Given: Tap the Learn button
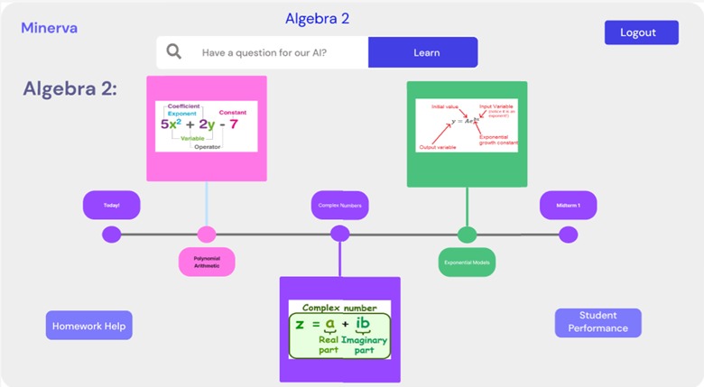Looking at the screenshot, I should (422, 52).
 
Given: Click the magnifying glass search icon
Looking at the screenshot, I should (173, 52).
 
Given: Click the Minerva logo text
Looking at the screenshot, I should (50, 28).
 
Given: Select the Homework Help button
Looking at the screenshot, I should (88, 326).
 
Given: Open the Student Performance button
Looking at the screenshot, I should (597, 322).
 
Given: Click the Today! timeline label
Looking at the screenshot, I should (112, 205).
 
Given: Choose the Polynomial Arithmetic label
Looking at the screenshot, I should (207, 262).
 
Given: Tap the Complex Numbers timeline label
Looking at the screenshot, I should (340, 205).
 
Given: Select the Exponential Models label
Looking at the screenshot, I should (467, 262).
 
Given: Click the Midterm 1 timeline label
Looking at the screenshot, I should (568, 205).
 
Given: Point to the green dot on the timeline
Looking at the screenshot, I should (467, 235).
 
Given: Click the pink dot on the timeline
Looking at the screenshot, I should (207, 235).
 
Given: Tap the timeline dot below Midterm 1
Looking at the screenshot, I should (568, 235).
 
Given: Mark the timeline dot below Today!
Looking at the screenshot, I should (112, 235).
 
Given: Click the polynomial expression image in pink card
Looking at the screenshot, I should (207, 126).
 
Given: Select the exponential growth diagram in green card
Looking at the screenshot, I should (467, 125).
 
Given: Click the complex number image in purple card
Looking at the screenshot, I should (339, 330).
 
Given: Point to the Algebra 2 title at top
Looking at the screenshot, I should (317, 18).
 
